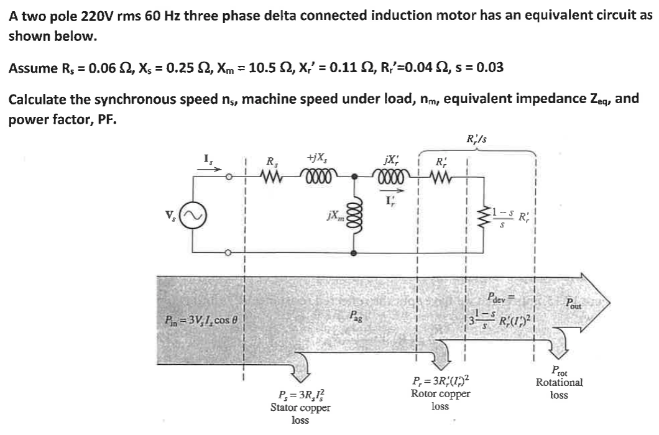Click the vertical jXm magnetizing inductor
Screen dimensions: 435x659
pos(354,215)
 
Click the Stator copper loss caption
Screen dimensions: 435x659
pos(300,408)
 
